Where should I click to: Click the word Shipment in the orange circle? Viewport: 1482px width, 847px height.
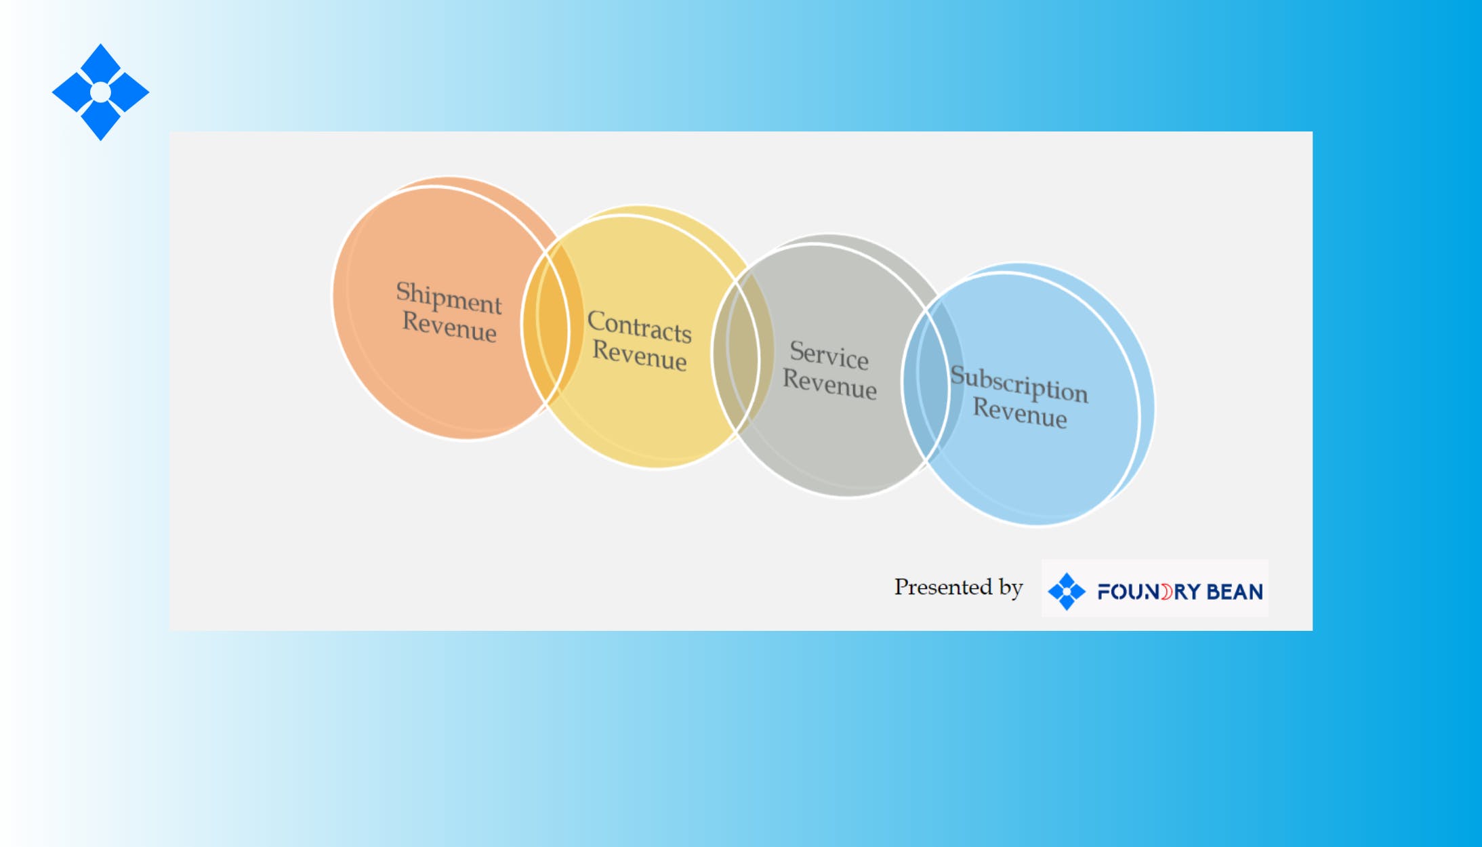click(x=449, y=297)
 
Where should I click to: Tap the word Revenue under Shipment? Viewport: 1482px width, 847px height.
click(x=449, y=327)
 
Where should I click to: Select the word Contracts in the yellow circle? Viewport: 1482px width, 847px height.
click(x=639, y=326)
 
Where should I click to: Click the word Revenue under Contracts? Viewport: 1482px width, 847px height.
click(x=640, y=355)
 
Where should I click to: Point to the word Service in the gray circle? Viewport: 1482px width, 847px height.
click(x=829, y=355)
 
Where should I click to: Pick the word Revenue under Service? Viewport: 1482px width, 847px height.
click(x=829, y=384)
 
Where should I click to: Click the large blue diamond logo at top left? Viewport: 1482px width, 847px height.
click(x=100, y=92)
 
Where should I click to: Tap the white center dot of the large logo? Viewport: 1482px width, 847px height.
click(x=100, y=92)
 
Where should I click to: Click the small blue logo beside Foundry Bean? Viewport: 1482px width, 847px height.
click(x=1067, y=592)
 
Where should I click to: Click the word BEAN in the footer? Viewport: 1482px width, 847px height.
click(x=1235, y=592)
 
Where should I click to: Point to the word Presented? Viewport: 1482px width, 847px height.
click(x=943, y=587)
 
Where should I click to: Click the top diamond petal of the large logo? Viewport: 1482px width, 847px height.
click(x=100, y=64)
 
